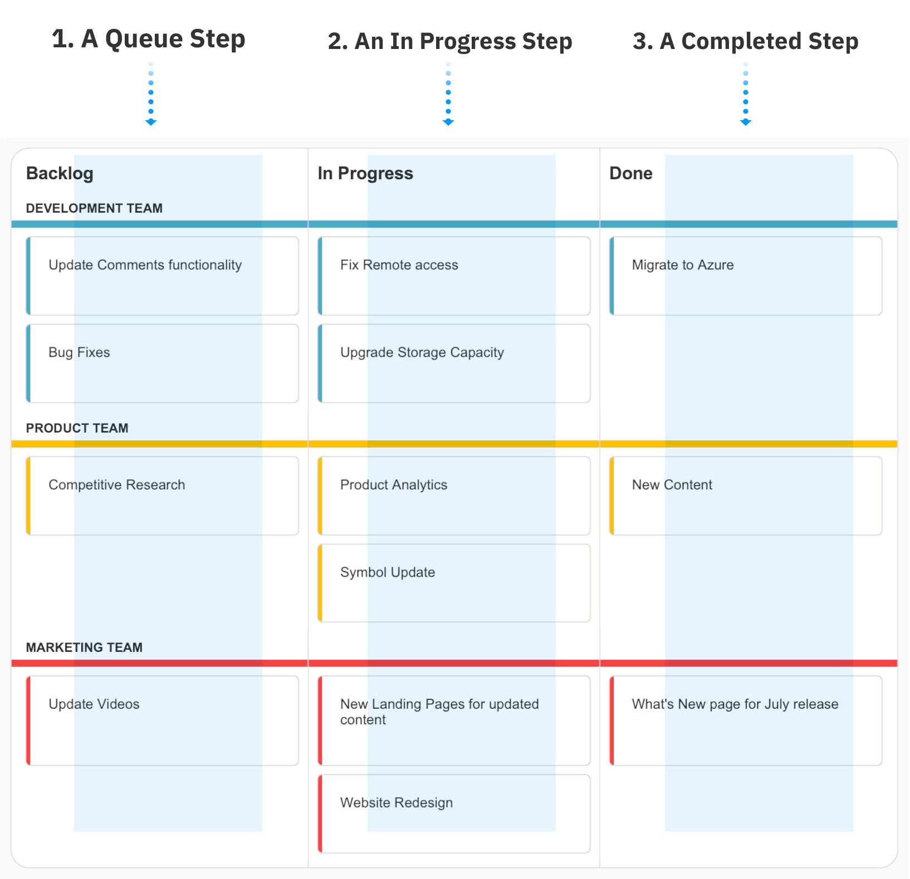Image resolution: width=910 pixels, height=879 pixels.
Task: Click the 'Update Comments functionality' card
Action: (x=162, y=276)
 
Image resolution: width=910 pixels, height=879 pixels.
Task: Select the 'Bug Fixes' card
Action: (x=162, y=364)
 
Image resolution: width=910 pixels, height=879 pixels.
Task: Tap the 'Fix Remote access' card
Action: (x=454, y=276)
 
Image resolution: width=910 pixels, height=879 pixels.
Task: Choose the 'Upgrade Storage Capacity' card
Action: (x=454, y=364)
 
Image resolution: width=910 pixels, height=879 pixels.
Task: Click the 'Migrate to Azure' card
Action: (x=746, y=276)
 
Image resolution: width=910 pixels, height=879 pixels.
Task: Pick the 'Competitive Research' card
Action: (x=162, y=496)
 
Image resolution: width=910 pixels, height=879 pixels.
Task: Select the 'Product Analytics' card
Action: (x=454, y=496)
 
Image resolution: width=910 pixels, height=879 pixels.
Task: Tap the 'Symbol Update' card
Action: (x=454, y=583)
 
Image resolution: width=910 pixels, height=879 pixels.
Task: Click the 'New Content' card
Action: (x=746, y=496)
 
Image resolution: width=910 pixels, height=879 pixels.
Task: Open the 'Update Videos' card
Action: (x=162, y=720)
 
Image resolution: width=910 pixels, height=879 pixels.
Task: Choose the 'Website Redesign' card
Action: (x=454, y=813)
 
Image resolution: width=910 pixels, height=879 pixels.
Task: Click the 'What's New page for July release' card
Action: (x=746, y=720)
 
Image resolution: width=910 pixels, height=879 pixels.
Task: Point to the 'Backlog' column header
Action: (x=60, y=173)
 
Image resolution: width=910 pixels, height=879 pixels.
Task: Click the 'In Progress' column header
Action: (x=365, y=173)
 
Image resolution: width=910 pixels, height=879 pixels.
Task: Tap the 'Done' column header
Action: (x=631, y=173)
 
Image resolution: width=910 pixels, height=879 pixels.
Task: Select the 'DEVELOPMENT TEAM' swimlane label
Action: (x=94, y=208)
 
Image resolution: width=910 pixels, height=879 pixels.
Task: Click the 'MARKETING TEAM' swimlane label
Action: (x=84, y=647)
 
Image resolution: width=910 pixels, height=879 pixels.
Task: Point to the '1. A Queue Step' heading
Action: (x=149, y=39)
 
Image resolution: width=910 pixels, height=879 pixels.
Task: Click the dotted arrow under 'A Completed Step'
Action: (x=746, y=95)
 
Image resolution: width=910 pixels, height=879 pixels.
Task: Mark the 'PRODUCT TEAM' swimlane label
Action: (x=77, y=428)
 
